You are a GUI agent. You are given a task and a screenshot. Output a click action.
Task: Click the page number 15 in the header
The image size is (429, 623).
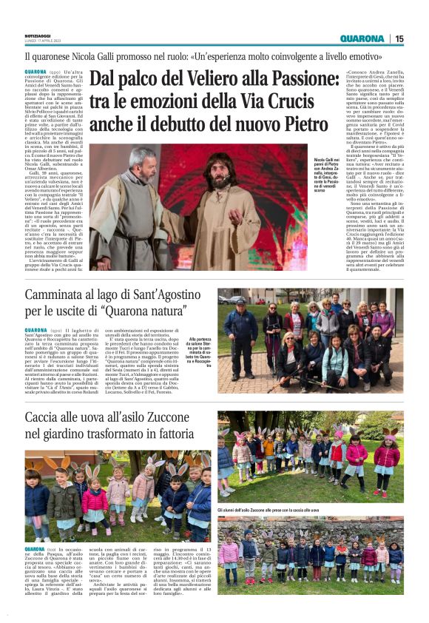tap(399, 38)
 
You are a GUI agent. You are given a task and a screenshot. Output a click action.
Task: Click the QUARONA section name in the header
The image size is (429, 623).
tap(362, 38)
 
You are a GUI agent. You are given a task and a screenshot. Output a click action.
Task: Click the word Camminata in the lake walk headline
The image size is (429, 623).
tap(57, 298)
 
